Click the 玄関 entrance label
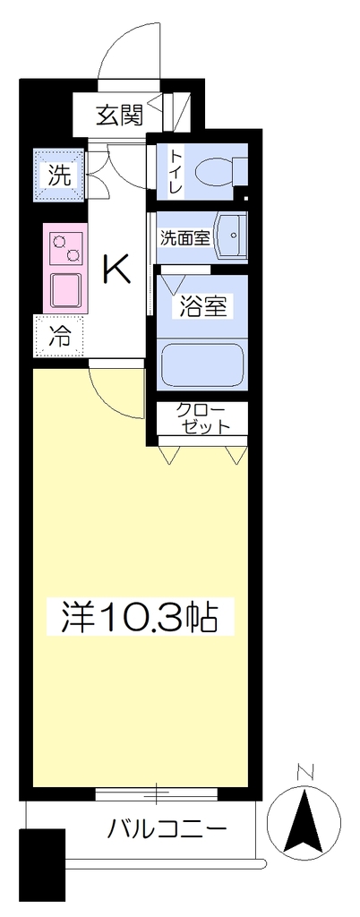click(120, 117)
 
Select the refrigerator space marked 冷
click(60, 337)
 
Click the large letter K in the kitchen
click(116, 270)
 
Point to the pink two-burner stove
click(65, 247)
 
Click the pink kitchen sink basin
click(66, 291)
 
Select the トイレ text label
click(176, 173)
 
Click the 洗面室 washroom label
click(185, 237)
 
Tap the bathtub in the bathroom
click(201, 364)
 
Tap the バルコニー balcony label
click(166, 828)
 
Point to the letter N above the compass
click(304, 773)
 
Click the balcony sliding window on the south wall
click(157, 793)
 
